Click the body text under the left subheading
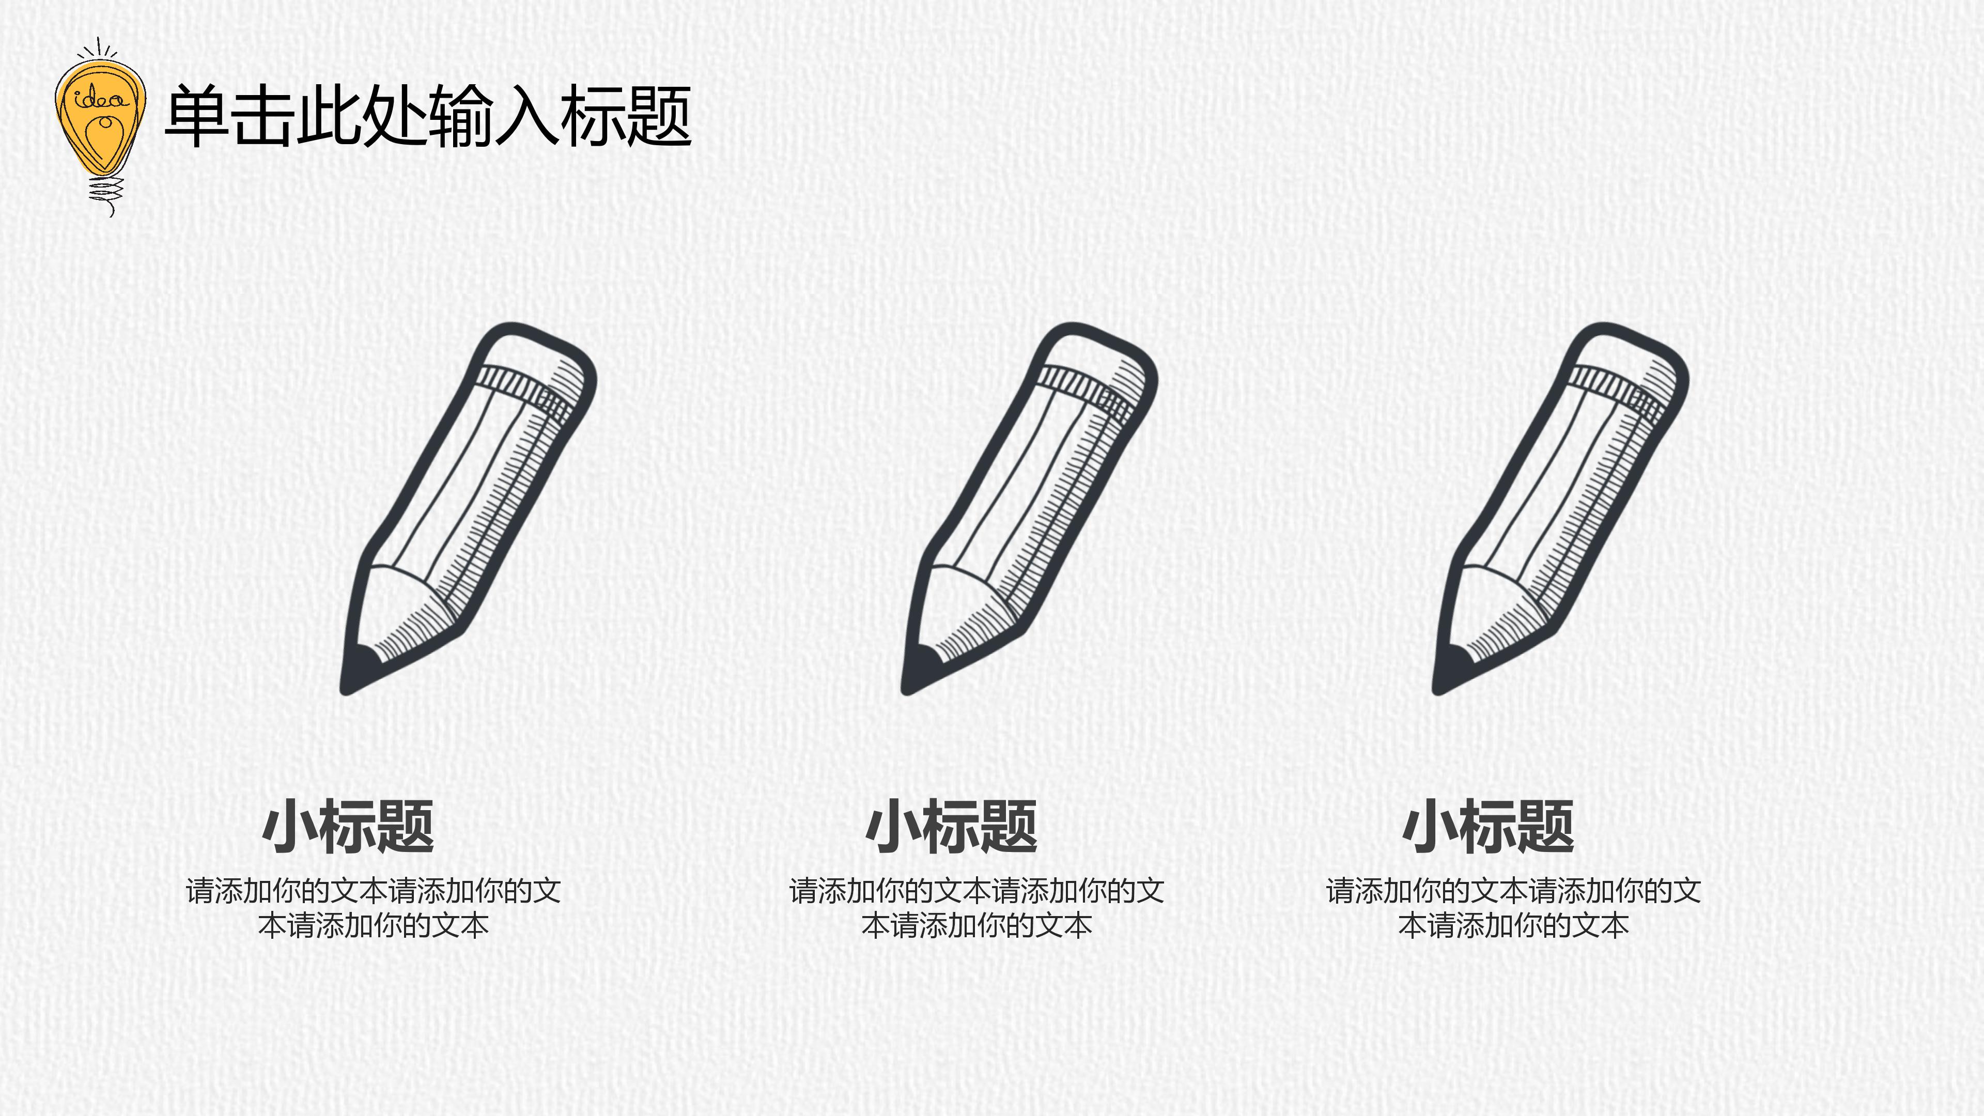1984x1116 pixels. pyautogui.click(x=374, y=907)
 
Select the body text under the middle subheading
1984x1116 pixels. pyautogui.click(x=977, y=907)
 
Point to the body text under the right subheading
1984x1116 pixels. pyautogui.click(x=1513, y=907)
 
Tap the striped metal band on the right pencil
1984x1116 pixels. pyautogui.click(x=1617, y=390)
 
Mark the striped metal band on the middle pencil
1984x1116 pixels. pyautogui.click(x=1086, y=390)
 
